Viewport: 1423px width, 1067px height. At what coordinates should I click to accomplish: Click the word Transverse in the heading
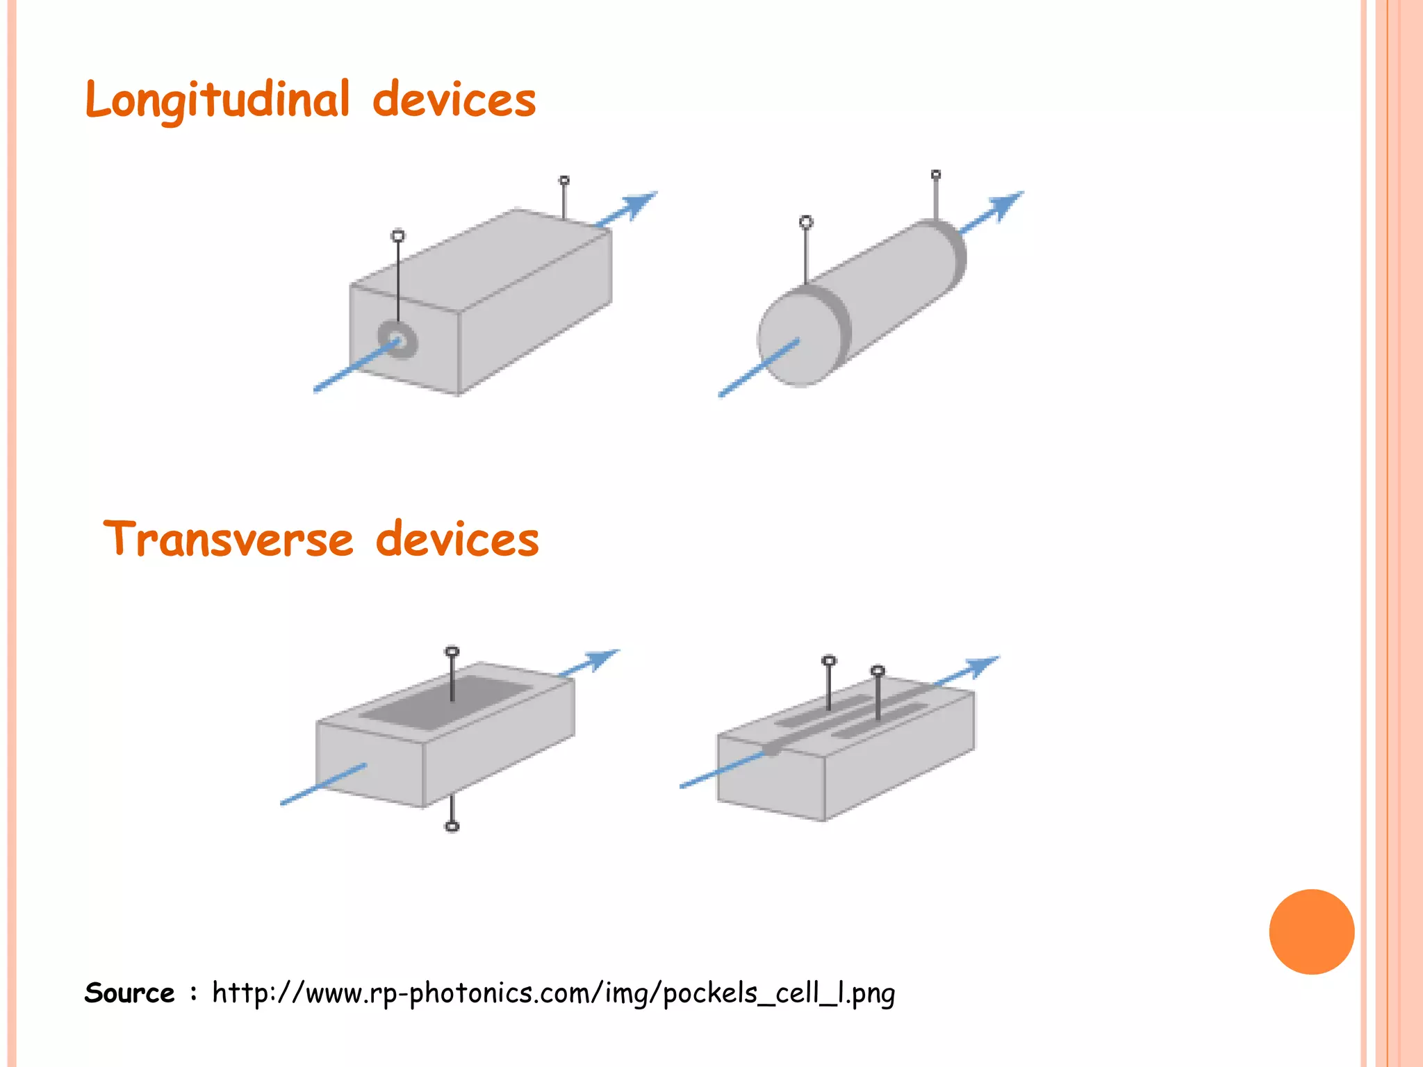coord(228,540)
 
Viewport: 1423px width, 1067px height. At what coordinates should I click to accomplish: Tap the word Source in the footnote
coord(129,993)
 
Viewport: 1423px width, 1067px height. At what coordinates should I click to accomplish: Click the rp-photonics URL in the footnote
coord(553,993)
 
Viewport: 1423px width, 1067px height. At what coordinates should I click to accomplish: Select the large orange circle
coord(1311,932)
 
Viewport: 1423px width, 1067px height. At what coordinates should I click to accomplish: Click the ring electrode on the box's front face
coord(397,340)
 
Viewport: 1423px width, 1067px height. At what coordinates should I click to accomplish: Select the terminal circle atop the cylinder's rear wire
coord(936,174)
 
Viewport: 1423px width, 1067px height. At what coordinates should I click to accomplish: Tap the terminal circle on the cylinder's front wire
coord(806,222)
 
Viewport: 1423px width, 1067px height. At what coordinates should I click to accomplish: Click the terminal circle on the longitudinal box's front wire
coord(398,236)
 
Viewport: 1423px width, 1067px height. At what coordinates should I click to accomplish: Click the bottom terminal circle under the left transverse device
coord(452,826)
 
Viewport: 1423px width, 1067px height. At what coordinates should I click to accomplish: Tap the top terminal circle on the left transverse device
coord(452,652)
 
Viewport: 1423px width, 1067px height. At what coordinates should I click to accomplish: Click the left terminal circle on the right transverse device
coord(829,661)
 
